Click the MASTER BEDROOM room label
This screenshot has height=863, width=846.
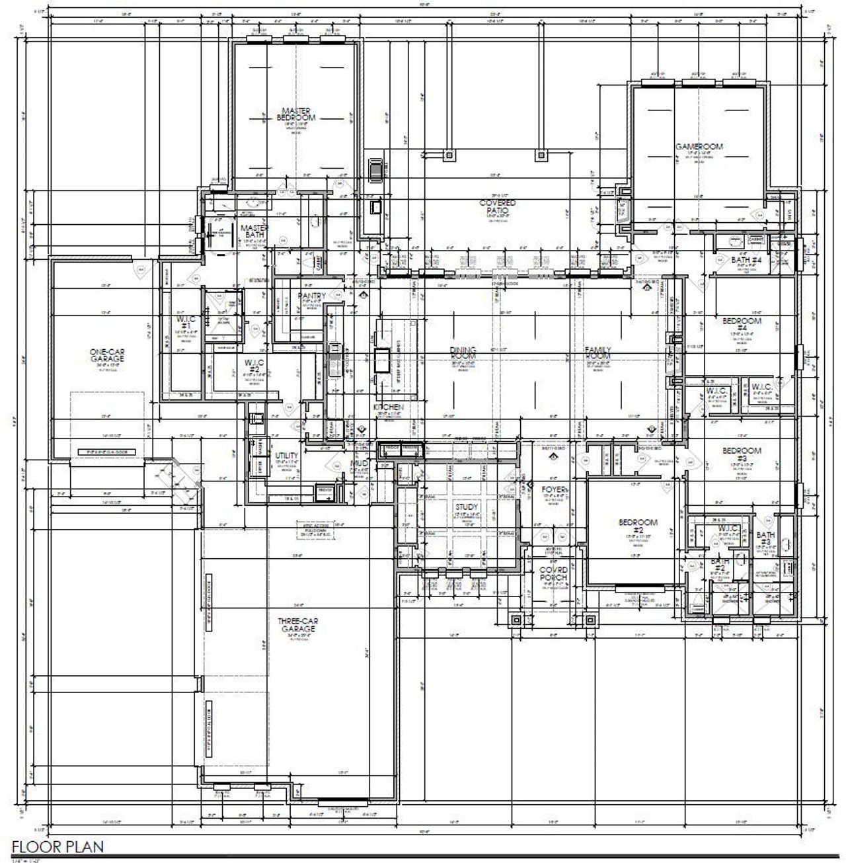pos(296,114)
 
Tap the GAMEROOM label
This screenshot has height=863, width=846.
pos(699,146)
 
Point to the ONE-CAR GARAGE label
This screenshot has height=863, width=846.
pos(107,355)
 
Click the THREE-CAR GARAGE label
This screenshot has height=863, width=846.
pos(298,625)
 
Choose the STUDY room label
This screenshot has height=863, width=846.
pos(466,507)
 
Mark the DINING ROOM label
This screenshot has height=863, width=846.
pos(463,353)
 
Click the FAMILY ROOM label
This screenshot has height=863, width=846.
pos(597,352)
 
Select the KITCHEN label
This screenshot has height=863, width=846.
pos(388,408)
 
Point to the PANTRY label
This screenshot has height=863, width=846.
pos(311,296)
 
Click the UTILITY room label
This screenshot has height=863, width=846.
pos(286,456)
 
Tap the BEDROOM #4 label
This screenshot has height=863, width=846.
pos(742,324)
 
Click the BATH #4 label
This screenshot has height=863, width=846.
pos(747,260)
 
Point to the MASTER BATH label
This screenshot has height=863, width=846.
pos(254,230)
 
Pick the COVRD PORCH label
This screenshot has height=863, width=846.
pos(553,573)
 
